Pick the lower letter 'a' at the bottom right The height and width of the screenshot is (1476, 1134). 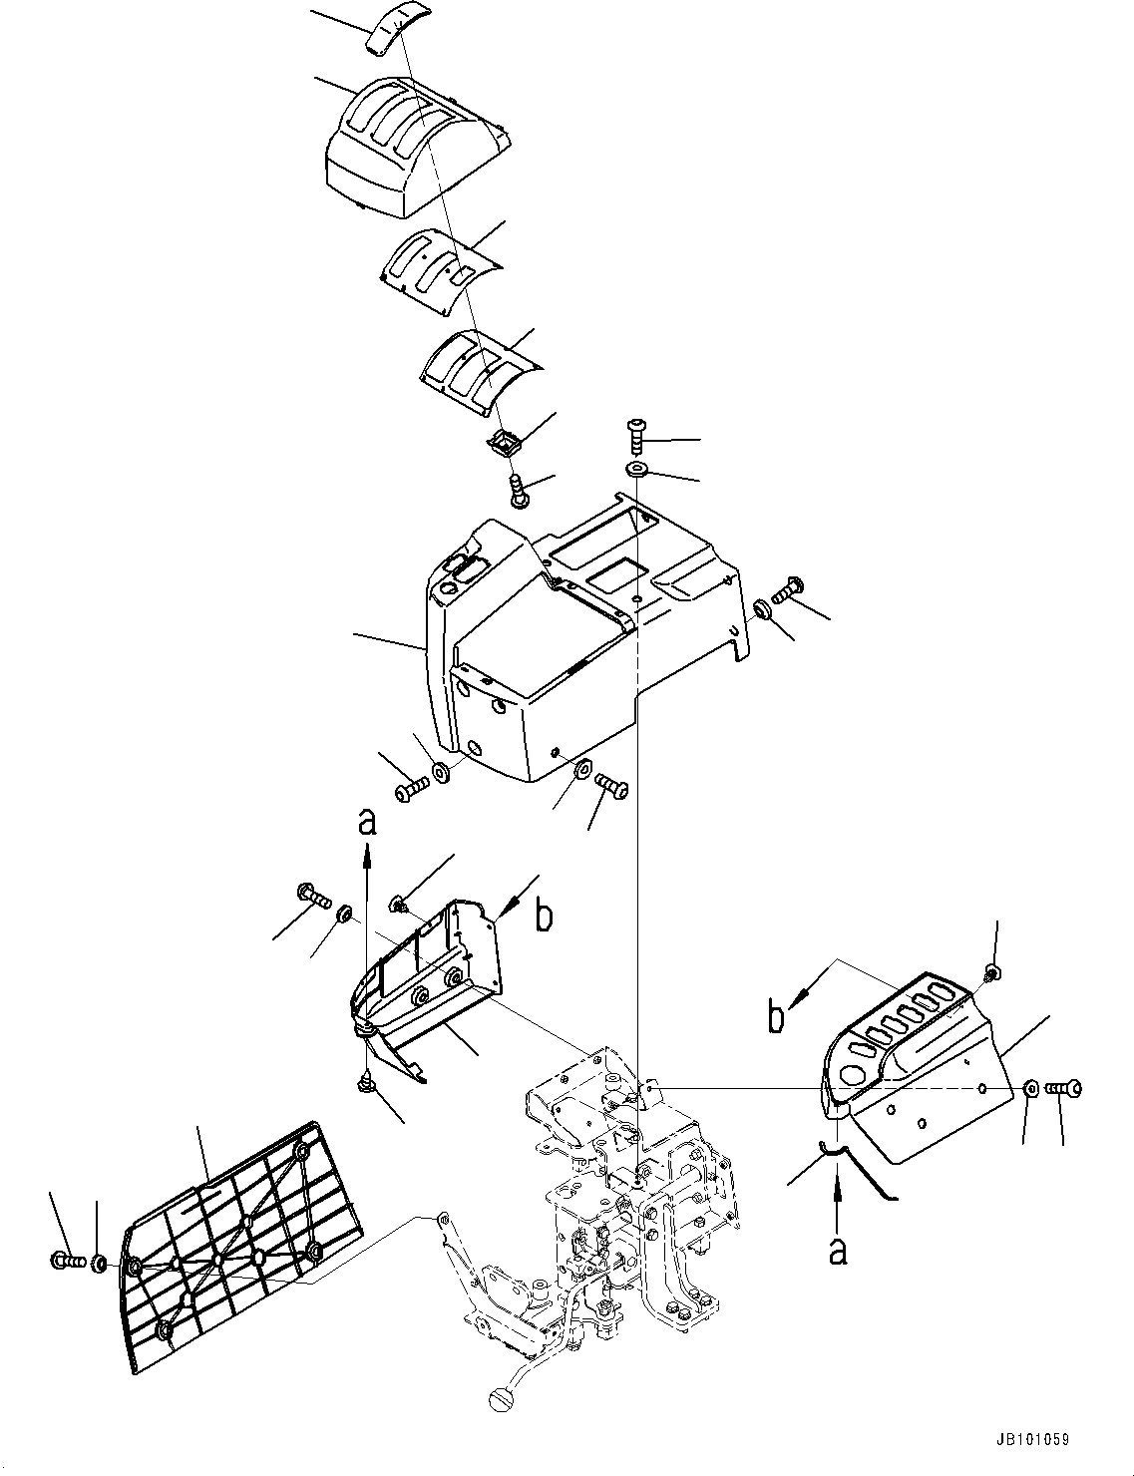(x=838, y=1250)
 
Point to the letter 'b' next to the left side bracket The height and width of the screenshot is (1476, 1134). (x=544, y=917)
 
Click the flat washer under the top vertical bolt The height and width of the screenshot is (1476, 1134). (x=636, y=469)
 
